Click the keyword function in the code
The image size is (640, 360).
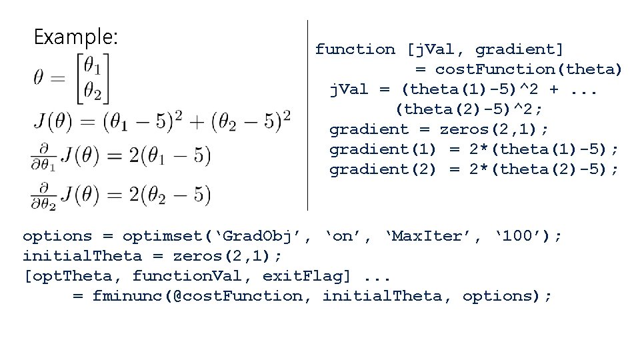click(355, 49)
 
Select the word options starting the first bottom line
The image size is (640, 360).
click(57, 236)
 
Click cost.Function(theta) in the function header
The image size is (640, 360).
click(528, 69)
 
